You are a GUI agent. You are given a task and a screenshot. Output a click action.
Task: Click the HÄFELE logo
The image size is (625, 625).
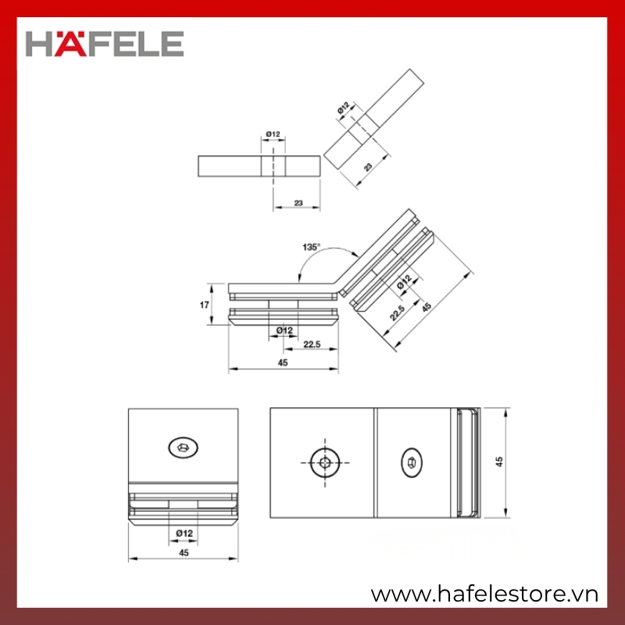click(105, 44)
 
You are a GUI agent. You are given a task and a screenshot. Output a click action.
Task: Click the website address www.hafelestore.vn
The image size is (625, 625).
click(484, 595)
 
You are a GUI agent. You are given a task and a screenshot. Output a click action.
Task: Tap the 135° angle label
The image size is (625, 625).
click(311, 247)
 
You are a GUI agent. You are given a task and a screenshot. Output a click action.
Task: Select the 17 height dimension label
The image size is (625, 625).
click(204, 305)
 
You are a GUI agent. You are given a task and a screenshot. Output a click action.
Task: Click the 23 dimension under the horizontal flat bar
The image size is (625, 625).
click(298, 203)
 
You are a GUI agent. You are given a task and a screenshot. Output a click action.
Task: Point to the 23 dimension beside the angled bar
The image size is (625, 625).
click(368, 166)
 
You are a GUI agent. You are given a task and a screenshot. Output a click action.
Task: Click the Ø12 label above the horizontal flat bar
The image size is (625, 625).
click(273, 134)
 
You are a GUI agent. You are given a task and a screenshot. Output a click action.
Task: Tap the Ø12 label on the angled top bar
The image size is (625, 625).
click(343, 108)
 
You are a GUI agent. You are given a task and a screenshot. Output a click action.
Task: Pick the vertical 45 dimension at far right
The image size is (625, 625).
click(499, 462)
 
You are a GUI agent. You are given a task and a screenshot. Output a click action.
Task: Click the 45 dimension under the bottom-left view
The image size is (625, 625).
click(184, 552)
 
